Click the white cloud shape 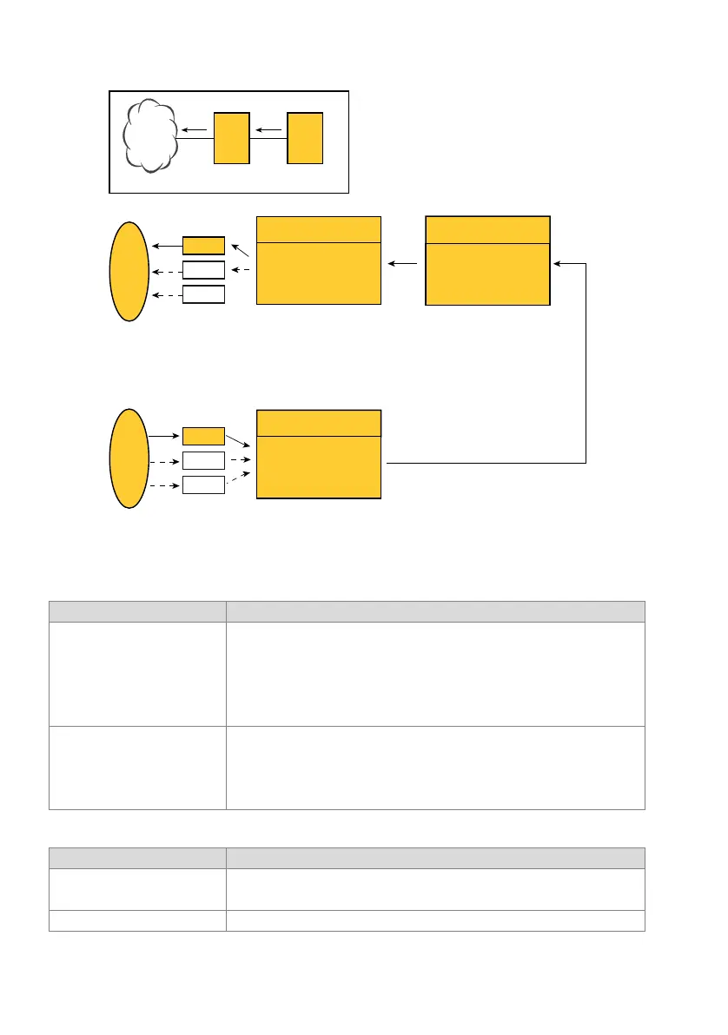(151, 137)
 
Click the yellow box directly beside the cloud (231, 137)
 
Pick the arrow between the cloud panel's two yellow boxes (269, 130)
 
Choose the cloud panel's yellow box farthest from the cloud (305, 137)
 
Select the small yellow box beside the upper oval (204, 246)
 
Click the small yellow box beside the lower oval (204, 437)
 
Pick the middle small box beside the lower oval (204, 461)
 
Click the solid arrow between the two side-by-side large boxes (403, 262)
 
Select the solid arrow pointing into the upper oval (165, 246)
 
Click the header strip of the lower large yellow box (319, 423)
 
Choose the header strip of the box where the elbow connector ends (487, 230)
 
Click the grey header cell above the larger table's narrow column (137, 611)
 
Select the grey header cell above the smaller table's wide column (435, 858)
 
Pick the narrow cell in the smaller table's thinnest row (137, 920)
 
